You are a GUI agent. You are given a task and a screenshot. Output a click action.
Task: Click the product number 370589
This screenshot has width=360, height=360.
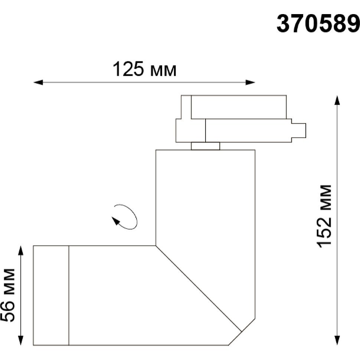[318, 24]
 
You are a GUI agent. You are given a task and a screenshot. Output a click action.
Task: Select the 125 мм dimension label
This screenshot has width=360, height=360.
[144, 69]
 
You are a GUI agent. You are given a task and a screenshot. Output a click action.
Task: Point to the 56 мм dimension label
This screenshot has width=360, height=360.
[7, 295]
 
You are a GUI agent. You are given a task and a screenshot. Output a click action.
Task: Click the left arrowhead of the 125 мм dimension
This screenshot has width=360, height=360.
[38, 82]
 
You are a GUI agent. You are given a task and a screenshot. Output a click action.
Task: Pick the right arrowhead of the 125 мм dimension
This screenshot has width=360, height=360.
[250, 82]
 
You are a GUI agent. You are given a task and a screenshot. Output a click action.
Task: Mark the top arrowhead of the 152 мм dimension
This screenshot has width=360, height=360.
[337, 100]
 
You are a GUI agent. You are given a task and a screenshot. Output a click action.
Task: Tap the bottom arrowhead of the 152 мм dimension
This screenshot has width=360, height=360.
[337, 340]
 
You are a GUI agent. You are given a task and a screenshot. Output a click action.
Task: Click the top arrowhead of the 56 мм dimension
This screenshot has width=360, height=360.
[21, 251]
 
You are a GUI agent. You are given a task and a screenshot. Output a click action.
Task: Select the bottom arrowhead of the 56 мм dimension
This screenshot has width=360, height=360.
[21, 340]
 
